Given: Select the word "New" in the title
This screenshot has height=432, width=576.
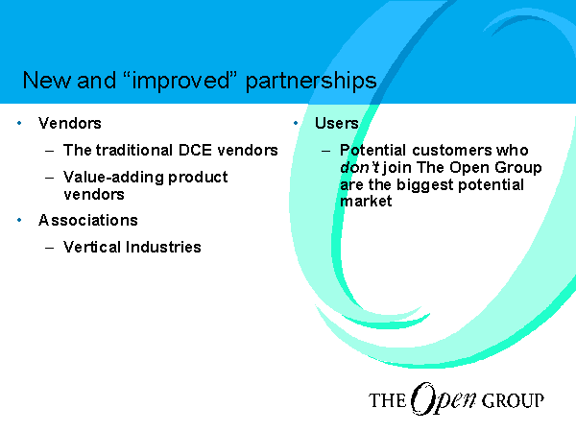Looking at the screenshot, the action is (x=46, y=80).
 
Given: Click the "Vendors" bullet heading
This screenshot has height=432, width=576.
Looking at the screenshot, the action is (x=70, y=123).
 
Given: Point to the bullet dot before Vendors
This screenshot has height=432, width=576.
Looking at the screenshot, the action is (x=19, y=123).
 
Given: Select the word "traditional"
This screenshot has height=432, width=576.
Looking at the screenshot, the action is (x=134, y=151).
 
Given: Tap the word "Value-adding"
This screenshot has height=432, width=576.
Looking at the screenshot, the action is (x=113, y=178).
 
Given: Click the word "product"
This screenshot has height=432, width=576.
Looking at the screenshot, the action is (x=198, y=178).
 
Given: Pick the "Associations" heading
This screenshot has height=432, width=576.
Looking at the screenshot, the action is (x=88, y=221).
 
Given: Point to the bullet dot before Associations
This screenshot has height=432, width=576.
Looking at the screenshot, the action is (x=19, y=220).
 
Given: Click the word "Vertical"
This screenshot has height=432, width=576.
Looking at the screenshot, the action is (x=92, y=247).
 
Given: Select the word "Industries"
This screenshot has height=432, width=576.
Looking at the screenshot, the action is (x=163, y=247).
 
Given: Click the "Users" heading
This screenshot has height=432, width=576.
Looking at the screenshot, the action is (x=337, y=123).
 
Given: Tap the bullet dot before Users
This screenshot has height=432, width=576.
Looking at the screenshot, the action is (x=296, y=123).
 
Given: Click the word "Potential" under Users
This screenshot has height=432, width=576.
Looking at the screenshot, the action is (x=372, y=151).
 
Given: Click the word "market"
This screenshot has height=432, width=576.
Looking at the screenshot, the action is (x=366, y=202).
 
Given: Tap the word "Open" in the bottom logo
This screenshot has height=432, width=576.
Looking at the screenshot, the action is (x=444, y=399).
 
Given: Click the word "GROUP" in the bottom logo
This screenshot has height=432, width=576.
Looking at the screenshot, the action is (x=513, y=400).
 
